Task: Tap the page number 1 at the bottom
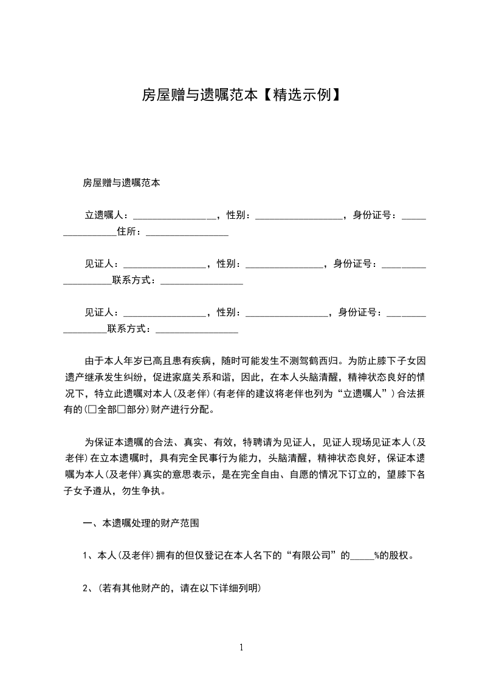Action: tap(241, 647)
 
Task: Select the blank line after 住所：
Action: tap(187, 232)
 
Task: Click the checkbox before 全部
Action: tap(93, 410)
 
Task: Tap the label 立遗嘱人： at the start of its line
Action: tap(106, 215)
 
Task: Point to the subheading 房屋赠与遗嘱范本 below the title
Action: tap(122, 182)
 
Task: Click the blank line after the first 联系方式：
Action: tap(202, 280)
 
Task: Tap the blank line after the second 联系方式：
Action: tap(197, 329)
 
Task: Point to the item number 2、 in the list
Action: tap(88, 588)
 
